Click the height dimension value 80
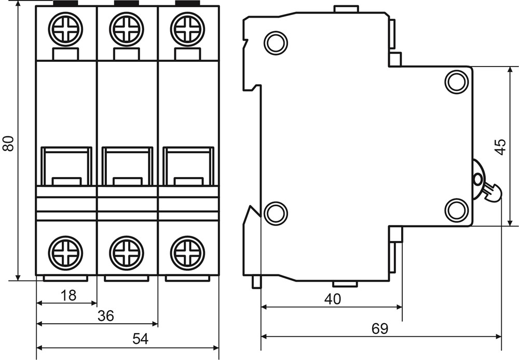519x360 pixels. pyautogui.click(x=9, y=143)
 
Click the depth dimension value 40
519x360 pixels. pyautogui.click(x=332, y=299)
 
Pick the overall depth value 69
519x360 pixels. pyautogui.click(x=380, y=328)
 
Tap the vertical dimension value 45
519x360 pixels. pyautogui.click(x=499, y=146)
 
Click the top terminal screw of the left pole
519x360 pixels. pyautogui.click(x=66, y=29)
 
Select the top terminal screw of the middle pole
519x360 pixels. pyautogui.click(x=127, y=29)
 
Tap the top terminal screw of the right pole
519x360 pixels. pyautogui.click(x=187, y=29)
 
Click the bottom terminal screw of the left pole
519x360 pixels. pyautogui.click(x=66, y=253)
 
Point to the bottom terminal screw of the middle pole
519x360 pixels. pyautogui.click(x=127, y=253)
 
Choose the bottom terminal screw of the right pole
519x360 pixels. pyautogui.click(x=187, y=253)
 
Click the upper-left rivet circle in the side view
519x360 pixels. pyautogui.click(x=276, y=43)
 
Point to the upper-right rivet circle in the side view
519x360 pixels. pyautogui.click(x=457, y=82)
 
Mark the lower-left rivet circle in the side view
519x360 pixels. pyautogui.click(x=276, y=212)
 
